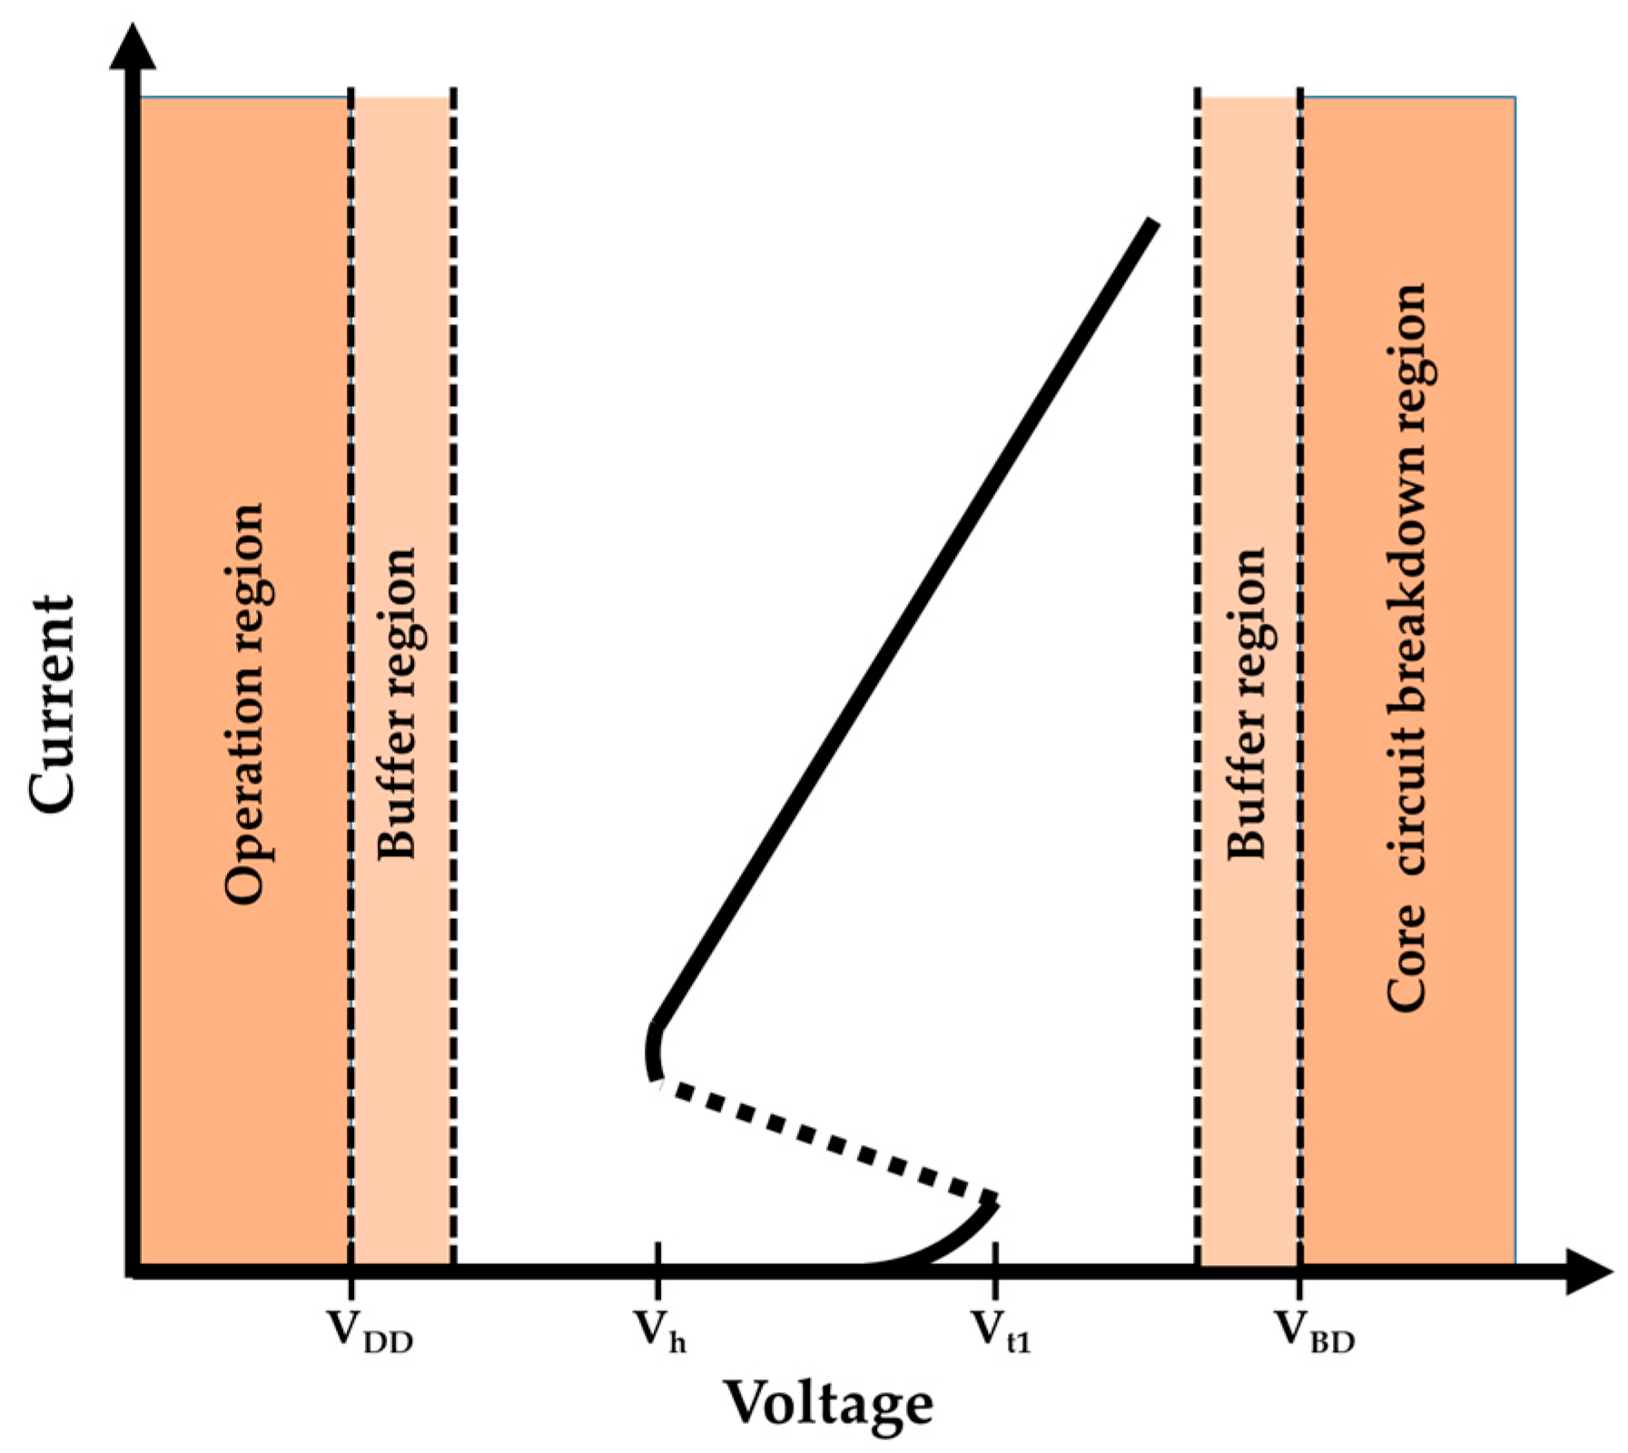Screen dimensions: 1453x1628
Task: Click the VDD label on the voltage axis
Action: click(369, 1332)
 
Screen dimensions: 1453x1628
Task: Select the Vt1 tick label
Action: click(1001, 1332)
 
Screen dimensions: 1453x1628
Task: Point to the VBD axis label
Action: click(1316, 1332)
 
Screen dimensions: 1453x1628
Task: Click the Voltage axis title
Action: click(828, 1404)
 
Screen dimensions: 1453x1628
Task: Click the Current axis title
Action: click(52, 704)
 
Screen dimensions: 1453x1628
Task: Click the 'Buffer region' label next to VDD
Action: click(397, 704)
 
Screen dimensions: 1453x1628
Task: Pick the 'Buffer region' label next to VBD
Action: click(1246, 704)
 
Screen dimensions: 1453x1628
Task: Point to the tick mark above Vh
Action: click(657, 1258)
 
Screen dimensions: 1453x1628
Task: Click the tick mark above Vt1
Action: click(996, 1258)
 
